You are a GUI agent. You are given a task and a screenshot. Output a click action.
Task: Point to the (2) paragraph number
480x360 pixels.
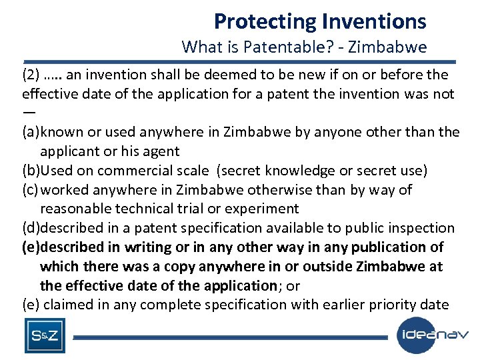click(31, 74)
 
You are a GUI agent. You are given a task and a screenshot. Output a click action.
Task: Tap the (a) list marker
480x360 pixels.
click(31, 132)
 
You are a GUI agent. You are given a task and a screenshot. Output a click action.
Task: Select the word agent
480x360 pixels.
click(162, 151)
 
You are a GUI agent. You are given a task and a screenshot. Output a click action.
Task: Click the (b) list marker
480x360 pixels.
click(31, 171)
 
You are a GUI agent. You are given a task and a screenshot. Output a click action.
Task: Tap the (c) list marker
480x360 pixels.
click(31, 190)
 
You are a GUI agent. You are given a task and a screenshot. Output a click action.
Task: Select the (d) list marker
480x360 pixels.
click(31, 228)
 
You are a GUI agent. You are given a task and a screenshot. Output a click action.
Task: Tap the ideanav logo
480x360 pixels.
click(433, 335)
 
